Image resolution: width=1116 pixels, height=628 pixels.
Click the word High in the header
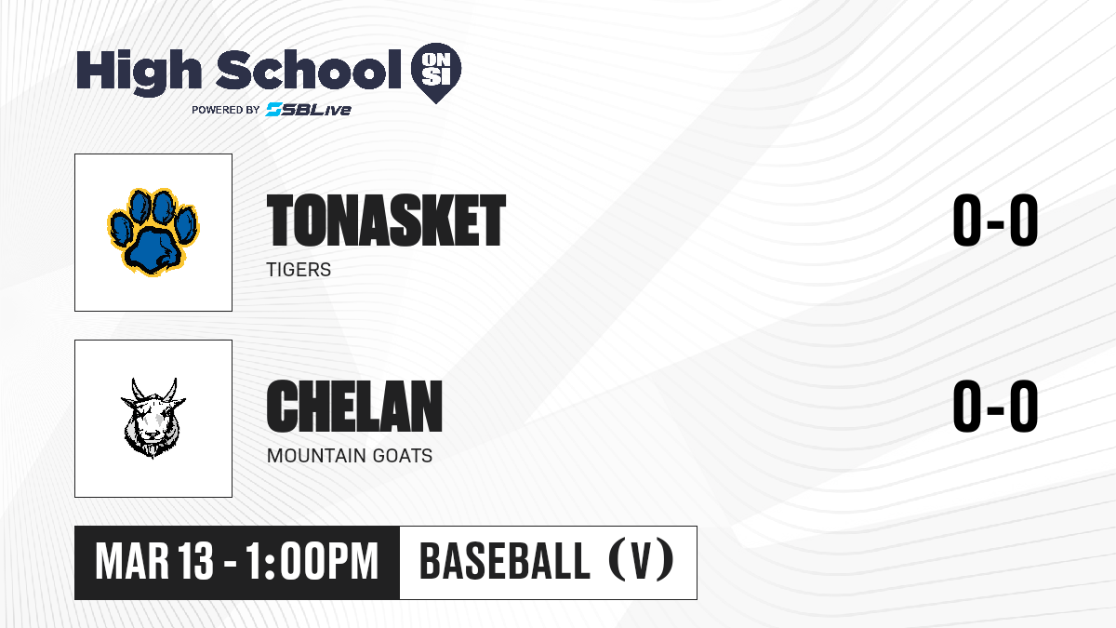[x=139, y=72]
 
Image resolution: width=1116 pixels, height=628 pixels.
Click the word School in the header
[x=309, y=69]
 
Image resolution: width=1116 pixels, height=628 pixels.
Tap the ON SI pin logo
[x=436, y=73]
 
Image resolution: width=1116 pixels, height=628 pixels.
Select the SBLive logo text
[x=309, y=110]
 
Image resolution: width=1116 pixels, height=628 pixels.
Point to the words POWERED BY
[x=226, y=110]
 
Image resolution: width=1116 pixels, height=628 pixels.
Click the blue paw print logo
[x=153, y=232]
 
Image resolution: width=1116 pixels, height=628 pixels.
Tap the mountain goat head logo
[x=153, y=418]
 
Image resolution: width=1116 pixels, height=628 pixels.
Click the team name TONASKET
[x=386, y=220]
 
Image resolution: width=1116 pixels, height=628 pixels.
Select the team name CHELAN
[x=354, y=406]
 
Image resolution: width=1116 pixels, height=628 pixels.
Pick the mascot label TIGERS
[x=299, y=270]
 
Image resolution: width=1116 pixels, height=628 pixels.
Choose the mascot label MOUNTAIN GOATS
[x=350, y=456]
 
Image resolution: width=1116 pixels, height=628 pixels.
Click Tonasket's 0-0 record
[x=995, y=220]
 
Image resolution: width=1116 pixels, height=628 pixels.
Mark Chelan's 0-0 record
[x=995, y=406]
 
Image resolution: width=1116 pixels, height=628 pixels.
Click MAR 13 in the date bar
[x=154, y=562]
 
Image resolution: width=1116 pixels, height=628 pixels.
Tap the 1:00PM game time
[x=312, y=562]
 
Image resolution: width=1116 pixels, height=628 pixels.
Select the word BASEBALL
[x=505, y=561]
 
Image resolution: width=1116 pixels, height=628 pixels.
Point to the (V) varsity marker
[x=641, y=561]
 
